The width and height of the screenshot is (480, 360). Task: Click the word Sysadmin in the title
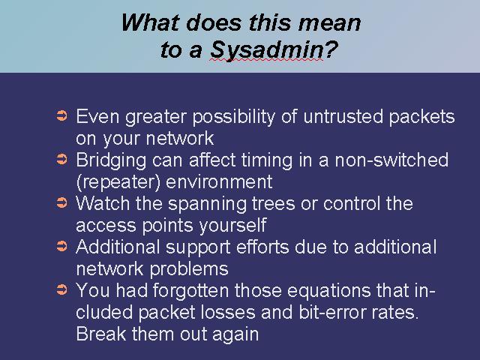(x=267, y=50)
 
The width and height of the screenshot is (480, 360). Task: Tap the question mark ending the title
(x=331, y=49)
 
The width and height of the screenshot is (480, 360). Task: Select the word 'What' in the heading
(x=150, y=22)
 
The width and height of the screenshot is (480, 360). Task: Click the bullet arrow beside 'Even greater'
(x=61, y=116)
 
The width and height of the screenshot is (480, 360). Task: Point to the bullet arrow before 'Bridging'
(x=61, y=159)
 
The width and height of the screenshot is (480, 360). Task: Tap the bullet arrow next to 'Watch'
(x=61, y=202)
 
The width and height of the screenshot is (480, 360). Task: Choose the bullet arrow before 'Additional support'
(x=61, y=246)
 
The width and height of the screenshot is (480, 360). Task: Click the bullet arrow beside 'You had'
(x=61, y=289)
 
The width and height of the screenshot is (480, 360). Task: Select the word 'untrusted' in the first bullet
(x=343, y=116)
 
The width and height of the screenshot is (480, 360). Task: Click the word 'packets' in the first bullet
(x=421, y=117)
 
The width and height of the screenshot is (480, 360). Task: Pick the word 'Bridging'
(x=111, y=160)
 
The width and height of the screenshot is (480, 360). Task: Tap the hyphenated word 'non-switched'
(x=391, y=160)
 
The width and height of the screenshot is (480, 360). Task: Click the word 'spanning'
(x=207, y=204)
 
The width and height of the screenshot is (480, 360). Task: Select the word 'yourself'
(x=233, y=225)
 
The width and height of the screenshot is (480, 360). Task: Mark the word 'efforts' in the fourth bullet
(x=262, y=247)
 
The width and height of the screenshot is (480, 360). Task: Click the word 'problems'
(x=189, y=269)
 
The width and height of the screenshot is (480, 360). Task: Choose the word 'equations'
(x=328, y=291)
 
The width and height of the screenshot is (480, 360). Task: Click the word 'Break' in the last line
(x=101, y=334)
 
